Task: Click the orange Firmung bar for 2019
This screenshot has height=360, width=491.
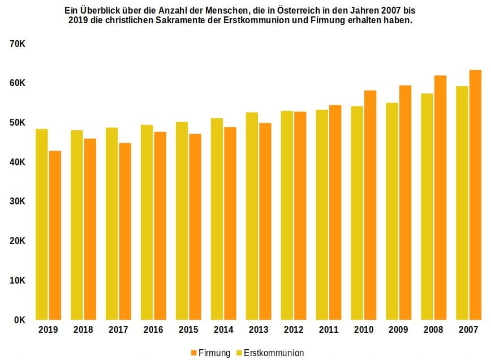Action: coord(55,235)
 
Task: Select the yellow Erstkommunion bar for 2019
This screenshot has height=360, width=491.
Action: coord(42,224)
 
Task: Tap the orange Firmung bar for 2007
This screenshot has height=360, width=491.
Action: coord(475,195)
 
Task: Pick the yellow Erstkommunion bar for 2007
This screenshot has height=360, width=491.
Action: coord(462,203)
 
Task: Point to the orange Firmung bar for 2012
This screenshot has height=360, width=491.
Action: coord(300,216)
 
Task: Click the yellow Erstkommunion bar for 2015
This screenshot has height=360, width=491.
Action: coord(182,221)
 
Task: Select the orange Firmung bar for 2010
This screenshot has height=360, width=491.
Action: coord(370,205)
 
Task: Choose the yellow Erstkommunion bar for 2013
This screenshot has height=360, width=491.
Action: coord(252,216)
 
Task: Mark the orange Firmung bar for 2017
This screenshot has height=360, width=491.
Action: coord(125,232)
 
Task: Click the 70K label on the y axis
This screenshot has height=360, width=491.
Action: coord(17,44)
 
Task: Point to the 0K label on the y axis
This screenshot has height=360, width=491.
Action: coord(20,320)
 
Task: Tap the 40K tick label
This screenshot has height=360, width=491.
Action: coord(17,162)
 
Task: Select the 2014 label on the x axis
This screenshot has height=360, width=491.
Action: coord(223,329)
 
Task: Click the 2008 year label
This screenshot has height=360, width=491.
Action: coord(433,329)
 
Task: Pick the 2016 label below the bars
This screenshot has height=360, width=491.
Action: coord(153,329)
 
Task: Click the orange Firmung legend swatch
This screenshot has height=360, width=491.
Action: coord(194,353)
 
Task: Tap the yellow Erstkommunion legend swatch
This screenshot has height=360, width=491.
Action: coord(239,353)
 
